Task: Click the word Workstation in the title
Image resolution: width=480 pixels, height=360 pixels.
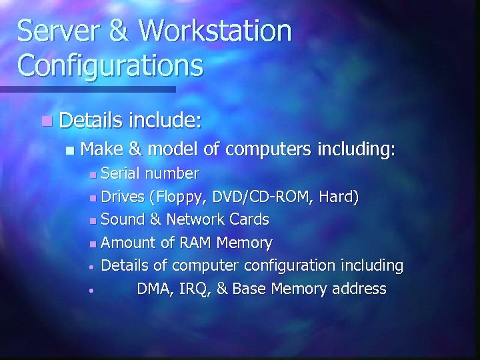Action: click(215, 31)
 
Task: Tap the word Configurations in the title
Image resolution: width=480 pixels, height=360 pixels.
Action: click(111, 65)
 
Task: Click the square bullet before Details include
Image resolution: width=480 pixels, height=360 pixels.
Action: click(45, 121)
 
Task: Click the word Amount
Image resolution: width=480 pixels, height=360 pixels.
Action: click(128, 243)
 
